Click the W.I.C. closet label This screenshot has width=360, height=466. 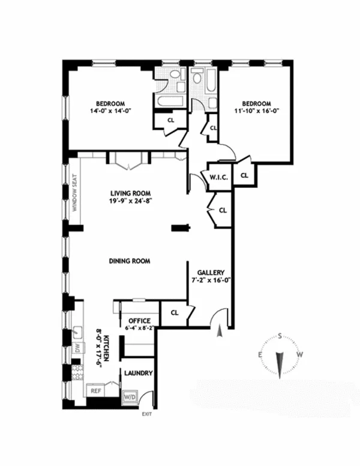pos(216,177)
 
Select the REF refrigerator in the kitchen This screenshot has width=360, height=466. pos(95,390)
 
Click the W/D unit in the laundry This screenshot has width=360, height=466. pos(130,397)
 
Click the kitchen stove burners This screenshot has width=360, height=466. pos(76,370)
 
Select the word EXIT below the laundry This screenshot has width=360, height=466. pos(146,414)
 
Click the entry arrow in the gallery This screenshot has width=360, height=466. pos(220,330)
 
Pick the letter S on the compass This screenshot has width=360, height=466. pos(280,337)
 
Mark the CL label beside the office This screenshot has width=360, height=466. pos(175,312)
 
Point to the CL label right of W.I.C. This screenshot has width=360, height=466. pos(244,175)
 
